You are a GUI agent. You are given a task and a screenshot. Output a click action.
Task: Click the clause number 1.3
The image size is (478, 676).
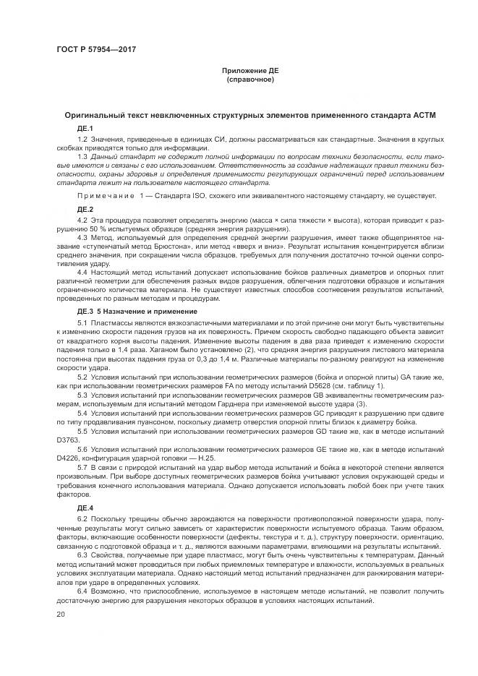pyautogui.click(x=82, y=157)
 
